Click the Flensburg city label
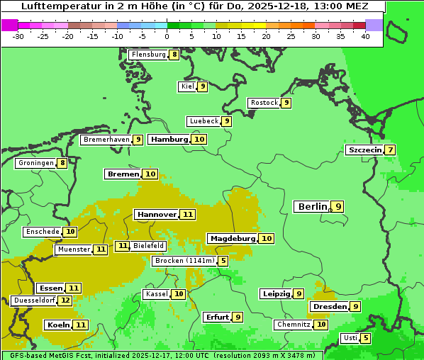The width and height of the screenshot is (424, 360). click(x=148, y=55)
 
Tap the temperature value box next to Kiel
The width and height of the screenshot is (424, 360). click(x=202, y=86)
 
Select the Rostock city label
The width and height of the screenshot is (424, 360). click(x=264, y=103)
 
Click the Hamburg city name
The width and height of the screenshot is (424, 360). click(x=169, y=140)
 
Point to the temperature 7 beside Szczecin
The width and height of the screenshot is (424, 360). click(x=390, y=150)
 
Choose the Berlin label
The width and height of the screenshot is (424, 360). click(x=312, y=207)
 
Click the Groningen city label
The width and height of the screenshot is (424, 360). click(x=37, y=163)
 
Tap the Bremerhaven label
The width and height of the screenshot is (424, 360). click(x=106, y=140)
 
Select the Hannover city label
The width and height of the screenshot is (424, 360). click(x=157, y=214)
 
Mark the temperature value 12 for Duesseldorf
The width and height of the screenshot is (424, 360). click(x=65, y=300)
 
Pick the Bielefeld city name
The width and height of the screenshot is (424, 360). click(x=148, y=246)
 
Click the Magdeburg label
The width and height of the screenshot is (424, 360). click(x=232, y=239)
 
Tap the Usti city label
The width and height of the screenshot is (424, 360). click(x=350, y=338)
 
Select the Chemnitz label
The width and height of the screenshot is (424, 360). click(x=294, y=325)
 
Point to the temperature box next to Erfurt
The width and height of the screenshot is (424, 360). click(x=238, y=317)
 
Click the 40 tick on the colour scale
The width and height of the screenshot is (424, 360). click(x=365, y=36)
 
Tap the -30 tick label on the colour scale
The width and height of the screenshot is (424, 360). click(x=18, y=36)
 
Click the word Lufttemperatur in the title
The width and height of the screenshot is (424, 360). click(x=59, y=6)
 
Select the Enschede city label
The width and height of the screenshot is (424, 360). click(x=42, y=232)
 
